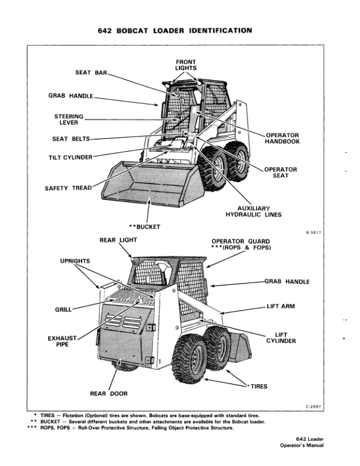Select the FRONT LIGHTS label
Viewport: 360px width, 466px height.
point(185,65)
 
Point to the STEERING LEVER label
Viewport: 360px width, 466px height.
point(69,119)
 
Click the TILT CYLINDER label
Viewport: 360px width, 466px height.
point(70,157)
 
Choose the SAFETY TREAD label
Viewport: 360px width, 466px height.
point(68,188)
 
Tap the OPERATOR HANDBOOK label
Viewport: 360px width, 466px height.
point(282,138)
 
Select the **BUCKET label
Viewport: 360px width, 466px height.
point(145,226)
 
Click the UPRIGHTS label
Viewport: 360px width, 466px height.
point(75,260)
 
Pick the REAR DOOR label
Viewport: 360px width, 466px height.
point(108,393)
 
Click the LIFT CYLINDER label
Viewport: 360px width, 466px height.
point(281,338)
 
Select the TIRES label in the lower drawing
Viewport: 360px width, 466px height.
point(259,387)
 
